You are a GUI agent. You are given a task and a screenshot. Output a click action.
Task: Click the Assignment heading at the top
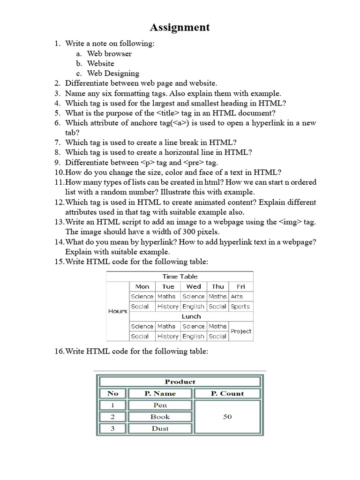180,28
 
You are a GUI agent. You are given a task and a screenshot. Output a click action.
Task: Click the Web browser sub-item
109,53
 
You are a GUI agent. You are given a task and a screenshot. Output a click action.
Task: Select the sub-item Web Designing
113,73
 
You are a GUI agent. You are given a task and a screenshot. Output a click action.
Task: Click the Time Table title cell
180,277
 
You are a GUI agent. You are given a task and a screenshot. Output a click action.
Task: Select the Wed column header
194,286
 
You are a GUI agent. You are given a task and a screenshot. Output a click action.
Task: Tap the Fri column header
241,286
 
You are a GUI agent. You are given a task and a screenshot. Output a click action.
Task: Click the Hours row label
118,311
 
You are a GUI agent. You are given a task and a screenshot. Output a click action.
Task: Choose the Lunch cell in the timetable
191,316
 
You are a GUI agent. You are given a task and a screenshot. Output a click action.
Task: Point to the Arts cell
237,296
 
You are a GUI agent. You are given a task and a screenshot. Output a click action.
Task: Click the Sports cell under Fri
240,307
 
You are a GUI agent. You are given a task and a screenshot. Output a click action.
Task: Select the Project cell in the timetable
241,331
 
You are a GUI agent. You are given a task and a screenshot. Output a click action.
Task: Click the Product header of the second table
180,382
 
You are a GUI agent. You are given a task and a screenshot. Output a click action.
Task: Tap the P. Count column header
227,394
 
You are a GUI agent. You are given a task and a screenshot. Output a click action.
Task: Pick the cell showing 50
227,417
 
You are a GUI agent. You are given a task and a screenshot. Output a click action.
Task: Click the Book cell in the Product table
160,417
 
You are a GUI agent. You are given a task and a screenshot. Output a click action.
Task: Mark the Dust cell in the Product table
160,428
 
